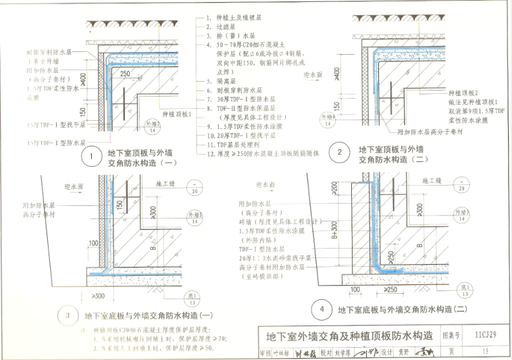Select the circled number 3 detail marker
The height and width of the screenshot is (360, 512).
[66, 315]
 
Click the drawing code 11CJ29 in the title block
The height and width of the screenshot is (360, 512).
[481, 334]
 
